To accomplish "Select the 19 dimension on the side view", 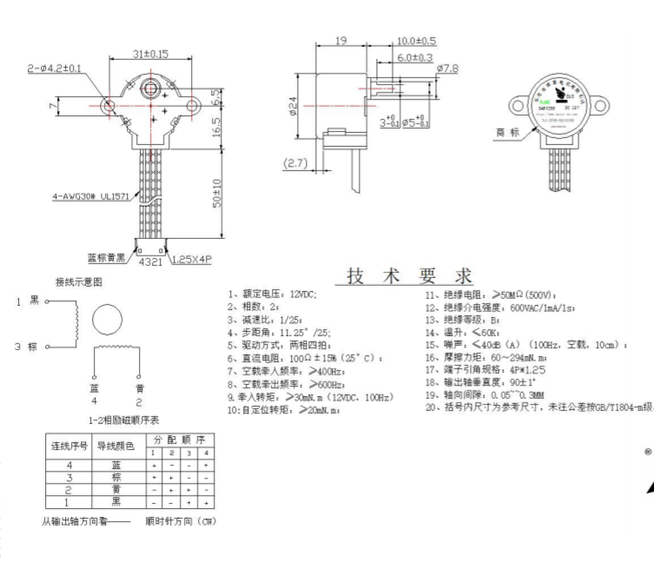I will point(341,40).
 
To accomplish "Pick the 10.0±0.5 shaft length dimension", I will point(417,41).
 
